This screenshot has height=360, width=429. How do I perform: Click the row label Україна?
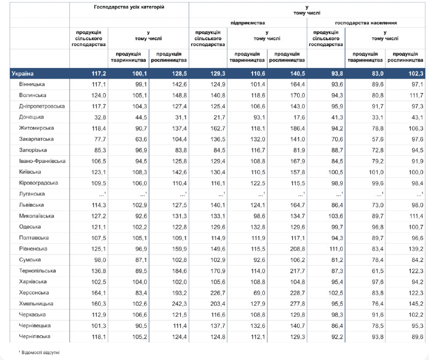click(23, 73)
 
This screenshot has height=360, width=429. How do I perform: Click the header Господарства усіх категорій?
click(129, 7)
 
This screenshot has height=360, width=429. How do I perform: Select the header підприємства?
click(248, 23)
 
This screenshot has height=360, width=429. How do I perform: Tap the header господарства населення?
click(366, 23)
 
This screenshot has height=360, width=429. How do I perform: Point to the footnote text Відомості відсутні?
click(41, 352)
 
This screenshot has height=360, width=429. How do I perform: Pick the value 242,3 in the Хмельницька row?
click(179, 304)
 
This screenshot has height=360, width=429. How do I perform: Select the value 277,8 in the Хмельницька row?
click(298, 304)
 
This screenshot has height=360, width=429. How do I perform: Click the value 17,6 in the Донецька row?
click(299, 117)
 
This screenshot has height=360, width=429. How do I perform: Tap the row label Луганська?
click(32, 194)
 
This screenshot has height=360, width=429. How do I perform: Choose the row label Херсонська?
click(34, 292)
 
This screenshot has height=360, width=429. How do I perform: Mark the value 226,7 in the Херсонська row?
click(218, 292)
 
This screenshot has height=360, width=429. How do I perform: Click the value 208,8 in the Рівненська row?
click(298, 249)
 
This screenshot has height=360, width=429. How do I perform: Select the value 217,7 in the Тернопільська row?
click(298, 271)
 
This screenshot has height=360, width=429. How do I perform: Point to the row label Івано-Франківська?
click(42, 161)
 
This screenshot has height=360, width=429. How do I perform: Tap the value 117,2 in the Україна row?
click(99, 73)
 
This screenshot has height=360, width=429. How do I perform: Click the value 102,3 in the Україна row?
click(416, 73)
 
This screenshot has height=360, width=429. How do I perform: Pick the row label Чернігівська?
click(34, 336)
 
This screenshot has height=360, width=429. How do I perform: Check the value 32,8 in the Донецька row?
click(100, 117)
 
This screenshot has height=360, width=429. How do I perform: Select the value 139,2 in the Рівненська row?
click(416, 249)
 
